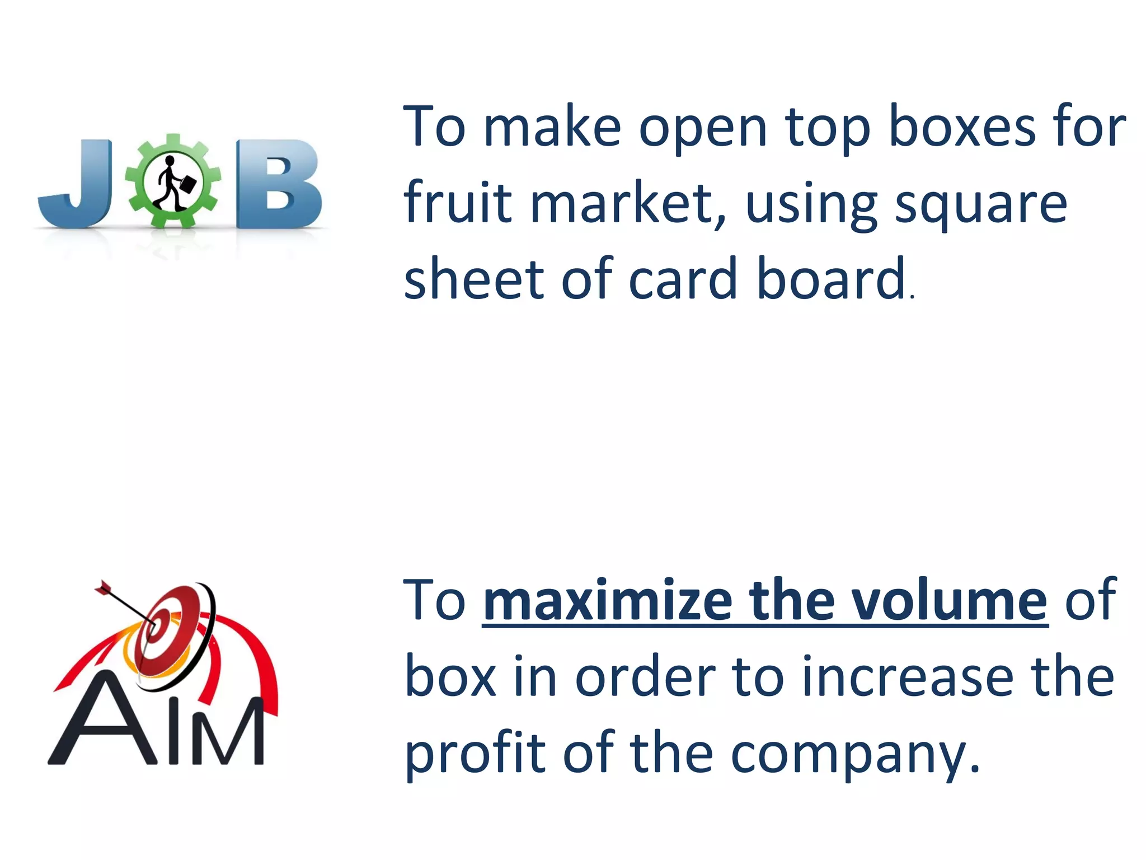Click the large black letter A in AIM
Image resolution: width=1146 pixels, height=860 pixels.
(104, 722)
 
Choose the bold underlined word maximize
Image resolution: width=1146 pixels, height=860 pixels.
(608, 601)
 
